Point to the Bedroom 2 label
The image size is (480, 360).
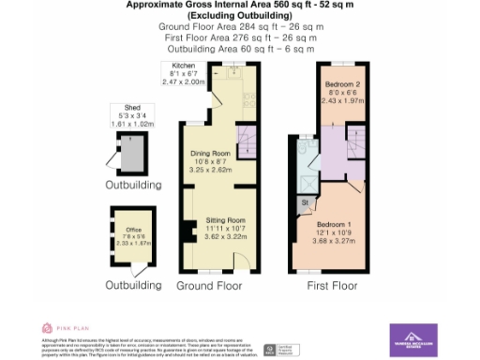pyautogui.click(x=342, y=85)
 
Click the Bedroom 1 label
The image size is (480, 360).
pyautogui.click(x=335, y=225)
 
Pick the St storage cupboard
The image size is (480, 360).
pyautogui.click(x=305, y=202)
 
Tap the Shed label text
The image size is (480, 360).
pyautogui.click(x=121, y=108)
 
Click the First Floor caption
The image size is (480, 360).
pyautogui.click(x=332, y=284)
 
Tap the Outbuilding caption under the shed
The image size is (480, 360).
pyautogui.click(x=132, y=186)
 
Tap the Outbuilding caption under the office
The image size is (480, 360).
pyautogui.click(x=132, y=284)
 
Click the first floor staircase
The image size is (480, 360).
pyautogui.click(x=355, y=150)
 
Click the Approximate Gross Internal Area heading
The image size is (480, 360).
pyautogui.click(x=239, y=5)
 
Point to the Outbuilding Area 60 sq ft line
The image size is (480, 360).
pyautogui.click(x=239, y=50)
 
